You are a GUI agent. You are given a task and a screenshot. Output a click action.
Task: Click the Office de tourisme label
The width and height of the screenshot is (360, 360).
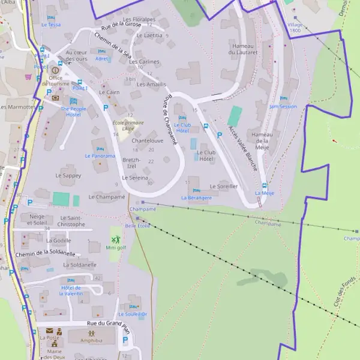point(56,82)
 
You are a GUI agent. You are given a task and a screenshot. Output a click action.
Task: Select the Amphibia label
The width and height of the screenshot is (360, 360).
point(91,339)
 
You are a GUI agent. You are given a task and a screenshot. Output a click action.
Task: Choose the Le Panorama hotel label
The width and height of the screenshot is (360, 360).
point(100,156)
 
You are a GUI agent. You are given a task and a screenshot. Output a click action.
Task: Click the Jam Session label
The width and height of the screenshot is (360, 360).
point(283,106)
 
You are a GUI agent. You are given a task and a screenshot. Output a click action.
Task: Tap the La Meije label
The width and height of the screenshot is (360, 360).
point(264,193)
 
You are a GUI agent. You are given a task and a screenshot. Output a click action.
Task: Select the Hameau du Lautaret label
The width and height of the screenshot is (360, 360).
point(243,49)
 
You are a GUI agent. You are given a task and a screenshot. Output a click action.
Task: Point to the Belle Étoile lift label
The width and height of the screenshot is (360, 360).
point(137,226)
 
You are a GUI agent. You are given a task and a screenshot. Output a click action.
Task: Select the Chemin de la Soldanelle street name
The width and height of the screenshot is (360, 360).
point(40,253)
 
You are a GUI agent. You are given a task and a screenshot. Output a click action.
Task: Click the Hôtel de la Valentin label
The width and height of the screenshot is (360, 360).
point(71,290)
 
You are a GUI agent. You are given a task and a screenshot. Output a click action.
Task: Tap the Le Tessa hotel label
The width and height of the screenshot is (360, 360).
point(51,25)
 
